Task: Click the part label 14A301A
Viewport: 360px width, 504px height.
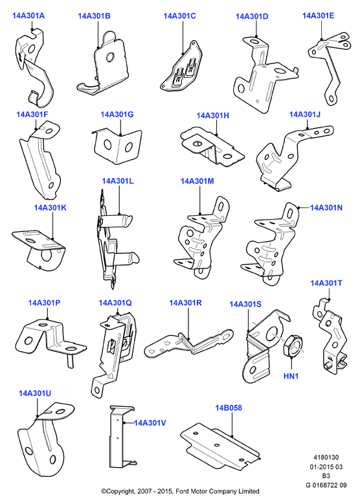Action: tap(28, 16)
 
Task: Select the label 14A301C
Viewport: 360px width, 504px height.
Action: tap(179, 16)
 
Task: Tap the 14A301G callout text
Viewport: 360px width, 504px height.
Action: tap(117, 115)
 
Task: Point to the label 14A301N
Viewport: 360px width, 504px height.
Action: tap(326, 208)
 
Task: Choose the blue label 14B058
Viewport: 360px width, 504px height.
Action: tap(229, 408)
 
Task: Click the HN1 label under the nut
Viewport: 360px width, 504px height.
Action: tap(291, 376)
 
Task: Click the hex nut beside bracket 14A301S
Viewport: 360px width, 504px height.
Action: tap(292, 345)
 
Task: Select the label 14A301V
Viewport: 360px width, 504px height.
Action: tap(150, 423)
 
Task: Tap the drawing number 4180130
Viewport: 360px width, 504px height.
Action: tap(326, 457)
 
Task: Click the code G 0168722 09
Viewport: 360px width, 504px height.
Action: tap(326, 485)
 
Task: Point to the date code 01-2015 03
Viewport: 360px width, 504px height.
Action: tap(326, 466)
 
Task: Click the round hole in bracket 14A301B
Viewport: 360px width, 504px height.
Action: tap(110, 57)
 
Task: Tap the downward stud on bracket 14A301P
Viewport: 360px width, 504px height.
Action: tap(71, 360)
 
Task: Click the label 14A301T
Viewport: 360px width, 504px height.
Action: tap(326, 283)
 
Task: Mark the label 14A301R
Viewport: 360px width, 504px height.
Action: tap(185, 303)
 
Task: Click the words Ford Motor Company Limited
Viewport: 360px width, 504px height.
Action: tap(218, 491)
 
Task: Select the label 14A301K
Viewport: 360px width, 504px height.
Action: tap(50, 208)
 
